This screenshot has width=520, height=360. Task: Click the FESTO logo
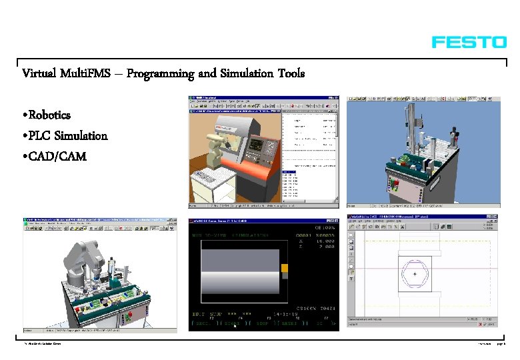(469, 42)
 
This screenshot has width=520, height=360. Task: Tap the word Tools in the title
(289, 73)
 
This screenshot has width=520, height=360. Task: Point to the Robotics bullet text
(50, 115)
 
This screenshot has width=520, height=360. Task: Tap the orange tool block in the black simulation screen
(285, 269)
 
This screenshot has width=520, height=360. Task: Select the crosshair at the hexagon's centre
(415, 274)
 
